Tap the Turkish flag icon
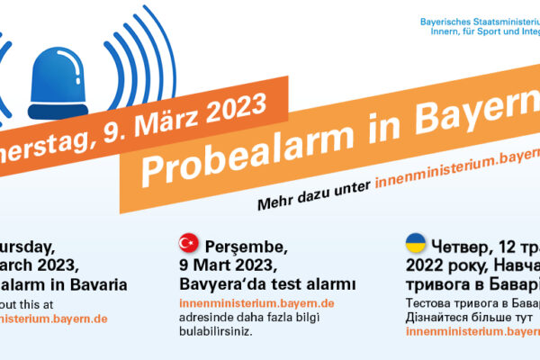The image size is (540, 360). (x=189, y=242)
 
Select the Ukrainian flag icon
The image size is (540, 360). (x=416, y=242)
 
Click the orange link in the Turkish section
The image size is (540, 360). (x=256, y=303)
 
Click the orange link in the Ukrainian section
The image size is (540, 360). (x=473, y=331)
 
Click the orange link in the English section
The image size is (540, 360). (x=54, y=318)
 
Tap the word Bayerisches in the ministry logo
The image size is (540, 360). (x=452, y=20)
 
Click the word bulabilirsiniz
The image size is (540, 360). (x=216, y=331)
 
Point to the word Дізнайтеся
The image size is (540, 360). (x=442, y=317)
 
